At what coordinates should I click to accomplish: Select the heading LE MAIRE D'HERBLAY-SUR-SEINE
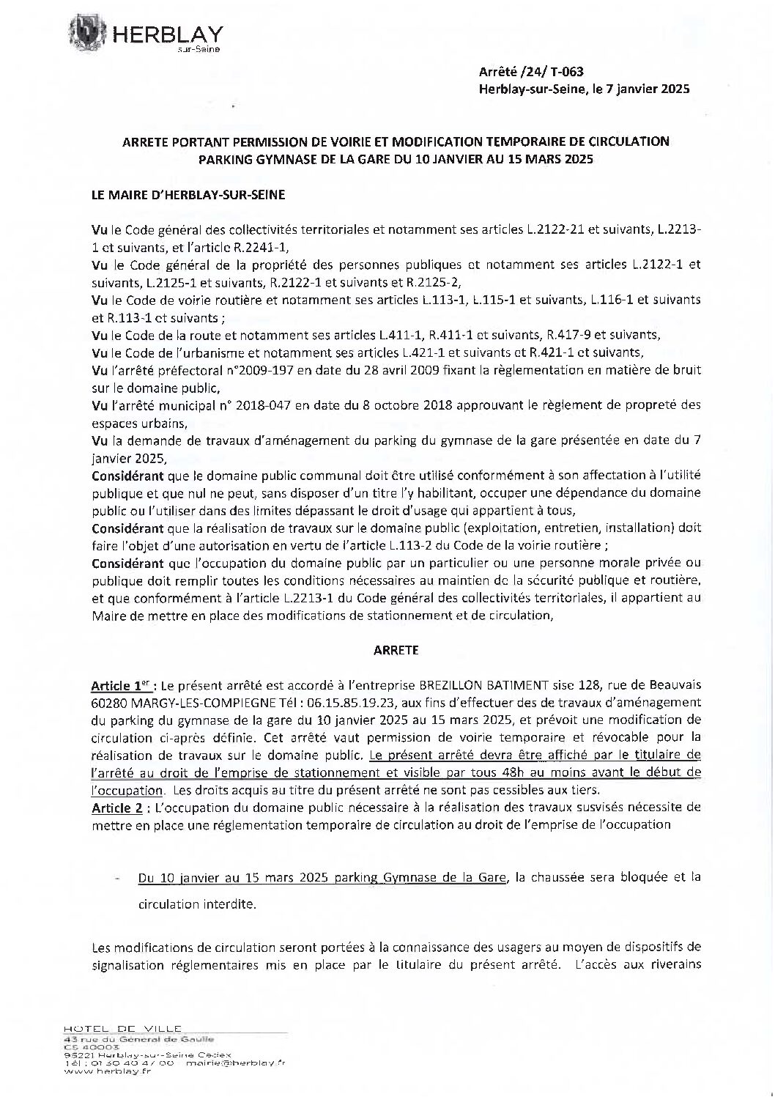tap(188, 195)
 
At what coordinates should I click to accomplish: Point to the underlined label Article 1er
tap(116, 686)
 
